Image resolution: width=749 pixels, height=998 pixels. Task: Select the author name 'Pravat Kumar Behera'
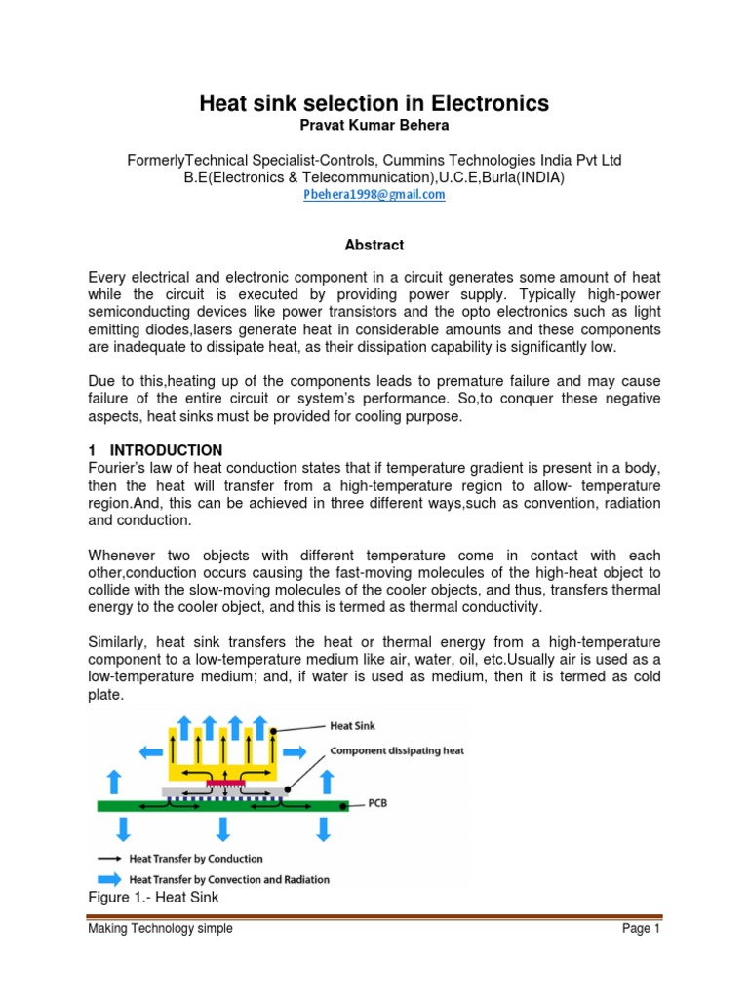point(374,127)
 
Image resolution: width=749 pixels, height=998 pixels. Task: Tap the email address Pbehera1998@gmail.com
point(374,194)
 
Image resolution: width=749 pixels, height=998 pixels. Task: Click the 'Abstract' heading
point(374,245)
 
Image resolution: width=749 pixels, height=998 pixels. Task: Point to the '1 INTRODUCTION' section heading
point(155,450)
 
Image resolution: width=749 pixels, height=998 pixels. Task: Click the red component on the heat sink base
point(225,783)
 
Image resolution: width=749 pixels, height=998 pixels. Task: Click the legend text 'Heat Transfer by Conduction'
point(196,859)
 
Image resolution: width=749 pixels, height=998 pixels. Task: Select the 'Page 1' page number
point(641,929)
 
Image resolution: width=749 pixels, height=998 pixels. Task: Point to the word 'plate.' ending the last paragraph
point(104,696)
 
